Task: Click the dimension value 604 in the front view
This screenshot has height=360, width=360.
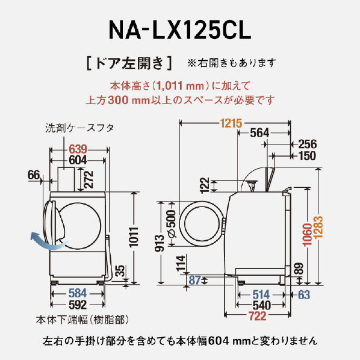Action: pyautogui.click(x=78, y=161)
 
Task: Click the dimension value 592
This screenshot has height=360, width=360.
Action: pyautogui.click(x=79, y=305)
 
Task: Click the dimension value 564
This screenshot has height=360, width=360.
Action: pyautogui.click(x=259, y=134)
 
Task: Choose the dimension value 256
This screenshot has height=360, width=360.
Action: pyautogui.click(x=306, y=144)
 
